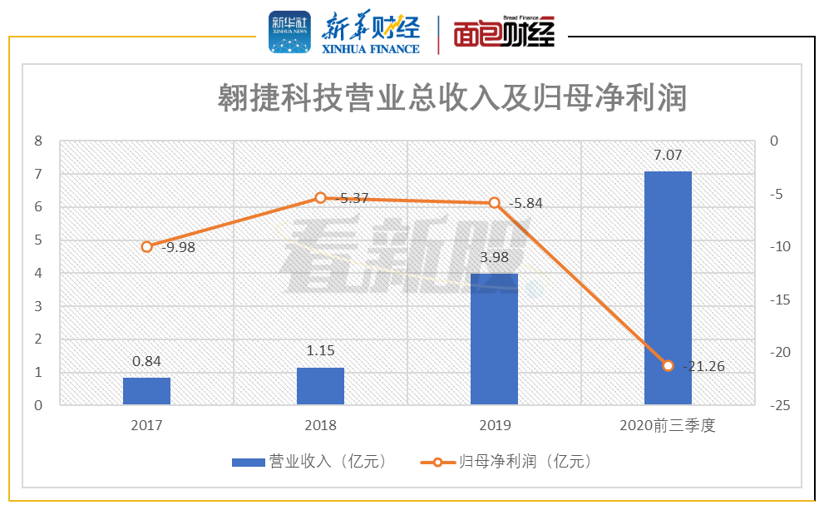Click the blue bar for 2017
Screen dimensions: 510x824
pyautogui.click(x=146, y=391)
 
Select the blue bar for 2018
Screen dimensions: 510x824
pyautogui.click(x=320, y=386)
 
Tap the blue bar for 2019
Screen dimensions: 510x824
pyautogui.click(x=494, y=339)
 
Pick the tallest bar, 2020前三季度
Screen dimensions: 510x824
pyautogui.click(x=668, y=288)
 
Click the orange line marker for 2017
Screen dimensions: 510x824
pyautogui.click(x=147, y=247)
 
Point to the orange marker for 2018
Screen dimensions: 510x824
pyautogui.click(x=320, y=198)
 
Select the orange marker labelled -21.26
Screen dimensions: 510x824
pyautogui.click(x=668, y=365)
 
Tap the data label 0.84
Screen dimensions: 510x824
pyautogui.click(x=146, y=362)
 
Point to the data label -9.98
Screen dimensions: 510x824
pyautogui.click(x=178, y=247)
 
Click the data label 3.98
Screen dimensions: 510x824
pyautogui.click(x=494, y=258)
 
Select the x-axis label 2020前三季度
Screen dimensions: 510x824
pyautogui.click(x=668, y=425)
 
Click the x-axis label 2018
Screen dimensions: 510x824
pyautogui.click(x=320, y=425)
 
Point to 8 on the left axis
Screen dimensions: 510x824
pyautogui.click(x=37, y=141)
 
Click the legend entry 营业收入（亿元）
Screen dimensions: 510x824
pyautogui.click(x=308, y=461)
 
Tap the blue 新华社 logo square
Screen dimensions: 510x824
pyautogui.click(x=289, y=32)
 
